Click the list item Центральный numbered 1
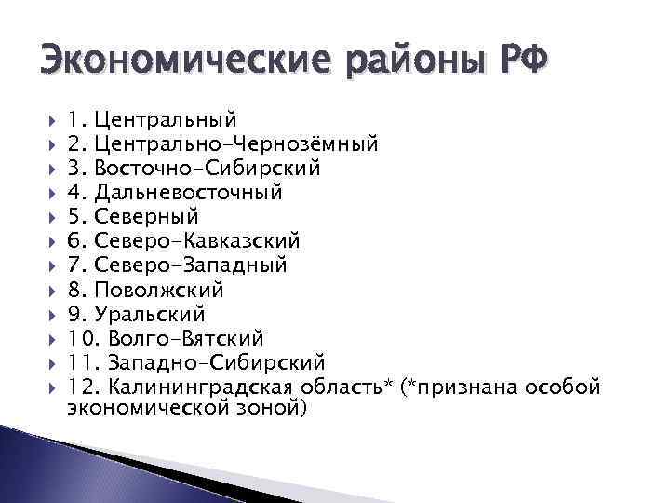pyautogui.click(x=165, y=120)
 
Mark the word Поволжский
pyautogui.click(x=159, y=290)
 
